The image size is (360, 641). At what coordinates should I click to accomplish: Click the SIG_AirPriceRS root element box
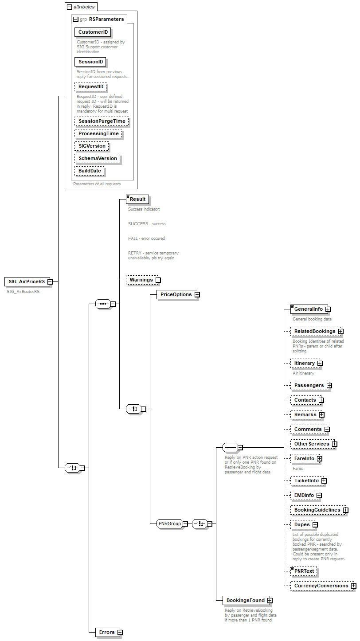tap(27, 281)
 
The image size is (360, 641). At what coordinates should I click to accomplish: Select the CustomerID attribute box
tap(93, 32)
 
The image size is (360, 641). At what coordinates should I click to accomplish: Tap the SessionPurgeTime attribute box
tap(102, 121)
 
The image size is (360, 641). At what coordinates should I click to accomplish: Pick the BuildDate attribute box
tap(89, 171)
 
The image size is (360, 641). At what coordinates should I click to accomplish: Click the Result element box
tap(137, 199)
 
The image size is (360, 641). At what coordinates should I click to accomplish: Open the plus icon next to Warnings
tap(158, 280)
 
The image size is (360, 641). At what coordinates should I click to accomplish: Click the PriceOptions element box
tap(176, 294)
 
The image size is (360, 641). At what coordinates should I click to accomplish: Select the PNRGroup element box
tap(170, 524)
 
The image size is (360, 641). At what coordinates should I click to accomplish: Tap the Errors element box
tap(107, 632)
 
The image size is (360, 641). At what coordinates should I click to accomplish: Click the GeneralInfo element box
tap(309, 309)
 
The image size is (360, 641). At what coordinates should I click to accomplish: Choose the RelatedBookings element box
tap(314, 331)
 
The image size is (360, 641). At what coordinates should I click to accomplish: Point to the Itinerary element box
tap(304, 363)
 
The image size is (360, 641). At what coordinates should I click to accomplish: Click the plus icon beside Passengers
tap(329, 386)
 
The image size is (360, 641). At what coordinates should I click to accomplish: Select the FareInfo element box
tap(304, 459)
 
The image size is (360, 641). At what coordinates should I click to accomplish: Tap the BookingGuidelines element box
tap(317, 510)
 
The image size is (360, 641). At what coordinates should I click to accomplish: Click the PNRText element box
tap(304, 571)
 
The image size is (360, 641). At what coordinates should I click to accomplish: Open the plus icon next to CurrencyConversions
tap(354, 586)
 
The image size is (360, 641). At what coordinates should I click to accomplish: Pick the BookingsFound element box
tap(245, 600)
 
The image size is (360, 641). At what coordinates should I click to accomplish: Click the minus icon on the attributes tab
tap(69, 7)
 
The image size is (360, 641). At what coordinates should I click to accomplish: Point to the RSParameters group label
tap(106, 19)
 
